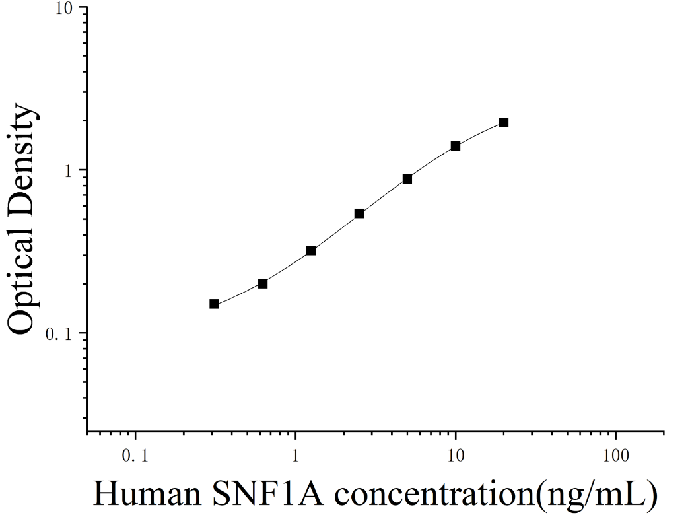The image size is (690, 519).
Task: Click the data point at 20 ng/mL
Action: pos(503,122)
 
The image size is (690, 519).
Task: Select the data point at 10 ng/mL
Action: pos(456,146)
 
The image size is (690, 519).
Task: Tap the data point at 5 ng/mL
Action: pos(407,179)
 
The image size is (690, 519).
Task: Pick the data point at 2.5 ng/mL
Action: pos(359,213)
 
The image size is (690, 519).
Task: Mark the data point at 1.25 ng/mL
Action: pos(311,250)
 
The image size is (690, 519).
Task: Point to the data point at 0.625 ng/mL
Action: pos(263,283)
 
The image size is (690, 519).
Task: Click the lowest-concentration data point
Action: pos(215,304)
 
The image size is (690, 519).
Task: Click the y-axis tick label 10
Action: pos(64,9)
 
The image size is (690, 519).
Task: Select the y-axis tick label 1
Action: pos(68,171)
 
